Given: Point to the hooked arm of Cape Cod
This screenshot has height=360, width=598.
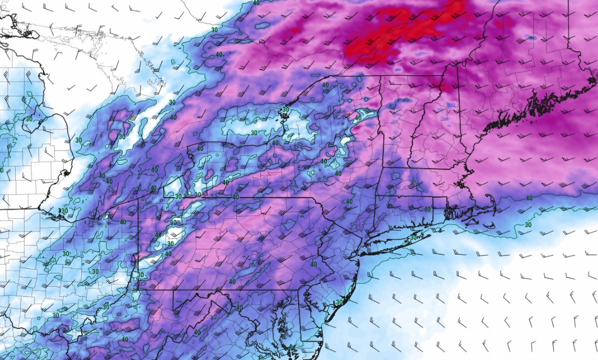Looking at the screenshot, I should tap(491, 201).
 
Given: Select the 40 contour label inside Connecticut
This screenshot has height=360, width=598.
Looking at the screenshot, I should tap(427, 209).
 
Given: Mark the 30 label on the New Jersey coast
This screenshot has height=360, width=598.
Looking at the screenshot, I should tap(340, 302).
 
